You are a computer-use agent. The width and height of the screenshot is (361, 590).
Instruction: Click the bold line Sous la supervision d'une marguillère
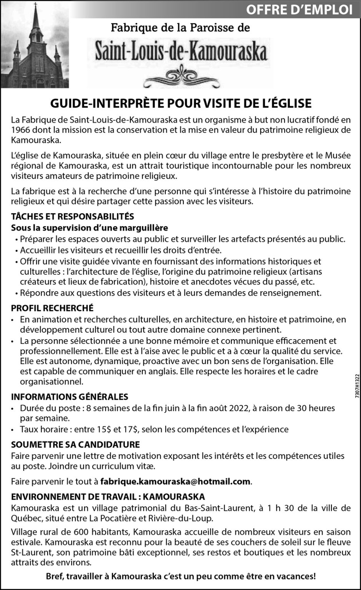(x=90, y=228)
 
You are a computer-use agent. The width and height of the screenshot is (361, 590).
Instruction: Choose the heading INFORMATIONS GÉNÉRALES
(x=70, y=396)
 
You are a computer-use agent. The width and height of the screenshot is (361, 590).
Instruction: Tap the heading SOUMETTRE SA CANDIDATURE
(x=75, y=445)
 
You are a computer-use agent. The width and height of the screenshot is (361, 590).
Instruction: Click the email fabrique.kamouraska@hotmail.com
(x=175, y=481)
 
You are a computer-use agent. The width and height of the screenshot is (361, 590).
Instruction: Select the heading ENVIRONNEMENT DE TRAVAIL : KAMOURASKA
(x=108, y=497)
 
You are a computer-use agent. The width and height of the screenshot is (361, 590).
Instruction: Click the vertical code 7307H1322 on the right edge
(x=356, y=388)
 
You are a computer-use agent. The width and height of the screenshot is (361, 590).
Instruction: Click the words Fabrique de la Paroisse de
(x=180, y=28)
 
